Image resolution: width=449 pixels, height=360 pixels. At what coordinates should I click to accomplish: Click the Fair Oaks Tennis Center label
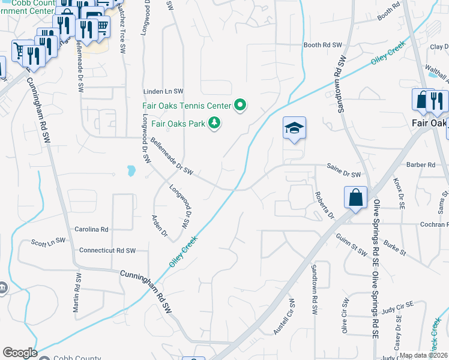pyautogui.click(x=186, y=106)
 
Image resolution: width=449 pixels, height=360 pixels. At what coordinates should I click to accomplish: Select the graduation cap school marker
pyautogui.click(x=295, y=128)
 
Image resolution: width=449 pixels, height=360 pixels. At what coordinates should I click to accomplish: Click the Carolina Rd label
pyautogui.click(x=91, y=229)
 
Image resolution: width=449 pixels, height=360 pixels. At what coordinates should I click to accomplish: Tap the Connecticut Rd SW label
pyautogui.click(x=108, y=250)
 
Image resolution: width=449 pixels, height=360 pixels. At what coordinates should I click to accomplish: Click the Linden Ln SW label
pyautogui.click(x=163, y=91)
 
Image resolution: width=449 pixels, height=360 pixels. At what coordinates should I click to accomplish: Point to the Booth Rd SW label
pyautogui.click(x=322, y=45)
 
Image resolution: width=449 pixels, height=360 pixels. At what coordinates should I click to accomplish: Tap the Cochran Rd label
pyautogui.click(x=432, y=224)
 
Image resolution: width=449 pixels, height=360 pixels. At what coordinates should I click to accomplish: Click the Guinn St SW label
pyautogui.click(x=351, y=245)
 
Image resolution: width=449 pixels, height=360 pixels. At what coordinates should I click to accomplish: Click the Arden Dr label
pyautogui.click(x=159, y=225)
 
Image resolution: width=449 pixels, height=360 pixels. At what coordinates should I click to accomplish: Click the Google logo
pyautogui.click(x=20, y=353)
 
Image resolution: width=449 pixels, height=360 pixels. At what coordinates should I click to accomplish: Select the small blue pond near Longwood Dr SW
pyautogui.click(x=131, y=172)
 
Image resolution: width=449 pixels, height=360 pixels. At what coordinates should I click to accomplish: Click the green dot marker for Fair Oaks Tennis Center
pyautogui.click(x=240, y=106)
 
